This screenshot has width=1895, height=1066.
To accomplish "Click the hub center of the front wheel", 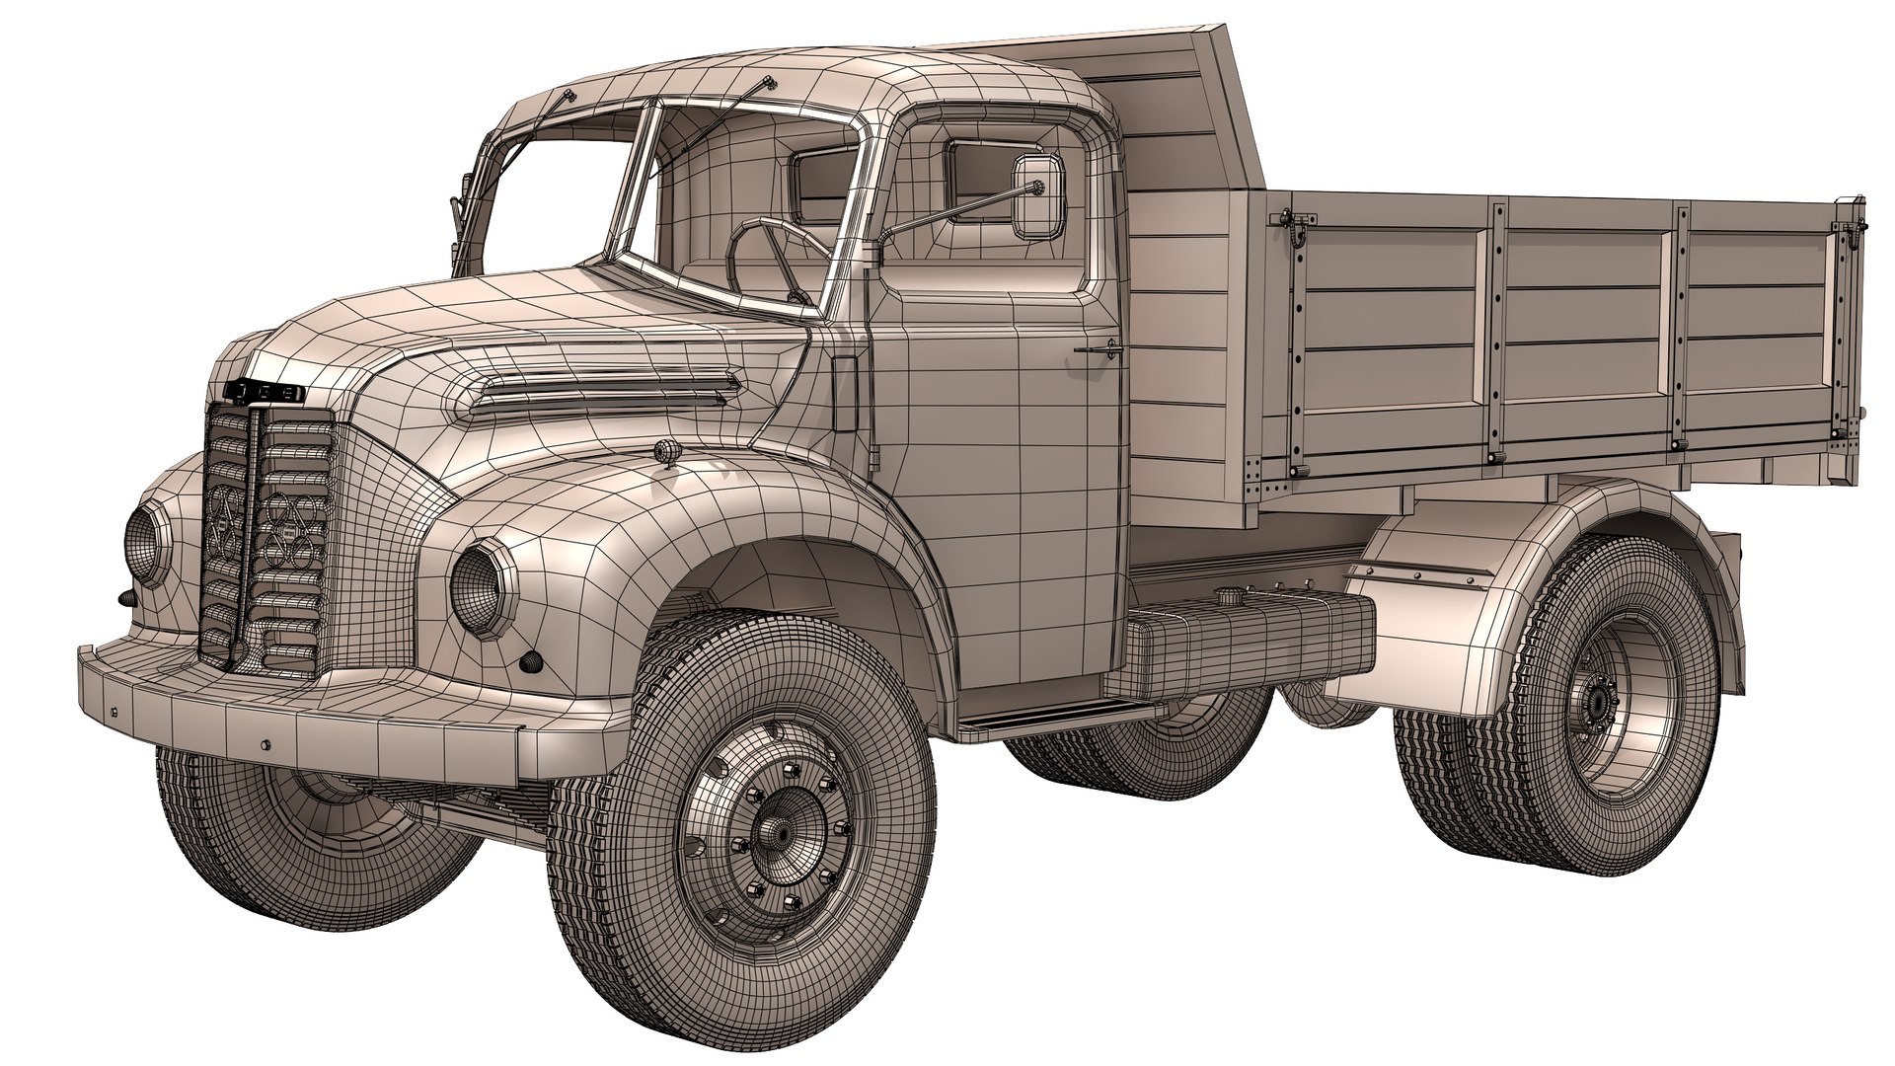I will click(775, 832).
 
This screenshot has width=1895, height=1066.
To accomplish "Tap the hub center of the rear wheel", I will click(1592, 702).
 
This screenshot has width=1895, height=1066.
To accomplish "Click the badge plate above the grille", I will click(267, 391).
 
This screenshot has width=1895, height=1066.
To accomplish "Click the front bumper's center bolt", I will click(265, 745).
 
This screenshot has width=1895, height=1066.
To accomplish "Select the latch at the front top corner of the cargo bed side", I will click(1292, 226).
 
